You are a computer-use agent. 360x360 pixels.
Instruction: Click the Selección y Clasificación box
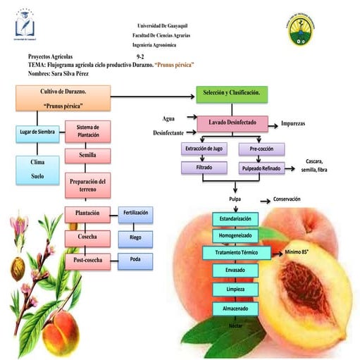[230, 94]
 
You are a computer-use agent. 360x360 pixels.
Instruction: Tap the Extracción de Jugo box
[204, 149]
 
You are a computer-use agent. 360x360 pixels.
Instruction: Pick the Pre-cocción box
[261, 149]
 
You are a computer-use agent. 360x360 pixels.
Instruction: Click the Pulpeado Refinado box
[261, 168]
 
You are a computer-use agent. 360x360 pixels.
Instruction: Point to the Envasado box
[235, 271]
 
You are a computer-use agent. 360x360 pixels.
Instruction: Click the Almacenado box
[235, 309]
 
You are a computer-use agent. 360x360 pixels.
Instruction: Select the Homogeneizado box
[235, 235]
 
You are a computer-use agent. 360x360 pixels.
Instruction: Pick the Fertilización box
[135, 213]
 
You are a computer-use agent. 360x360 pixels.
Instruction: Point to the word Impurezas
[298, 123]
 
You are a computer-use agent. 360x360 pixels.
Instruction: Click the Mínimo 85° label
[303, 252]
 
